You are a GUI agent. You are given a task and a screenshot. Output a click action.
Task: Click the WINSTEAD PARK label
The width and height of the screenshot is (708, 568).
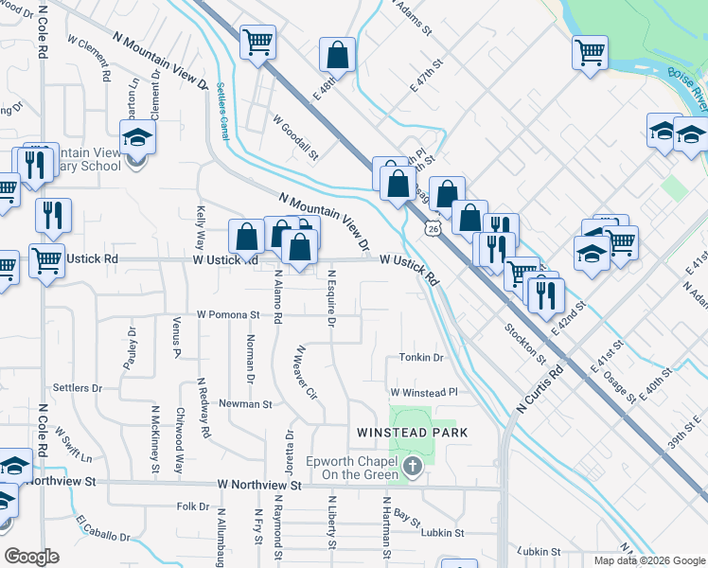coord(413,433)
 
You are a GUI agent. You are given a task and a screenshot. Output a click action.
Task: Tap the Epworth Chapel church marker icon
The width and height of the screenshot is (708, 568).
coord(413,466)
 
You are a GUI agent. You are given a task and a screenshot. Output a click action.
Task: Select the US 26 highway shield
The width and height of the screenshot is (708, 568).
coord(432,228)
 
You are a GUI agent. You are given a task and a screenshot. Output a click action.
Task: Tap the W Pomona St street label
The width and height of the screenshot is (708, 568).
coord(228,314)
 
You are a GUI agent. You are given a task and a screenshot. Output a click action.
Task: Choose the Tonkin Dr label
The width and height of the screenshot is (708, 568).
coord(421,358)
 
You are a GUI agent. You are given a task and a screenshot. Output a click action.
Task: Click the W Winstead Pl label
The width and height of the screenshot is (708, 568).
coord(423,391)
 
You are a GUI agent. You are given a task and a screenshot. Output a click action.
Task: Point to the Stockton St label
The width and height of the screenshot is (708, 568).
coord(526,342)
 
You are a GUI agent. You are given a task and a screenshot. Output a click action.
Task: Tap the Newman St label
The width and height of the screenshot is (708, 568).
coord(245,403)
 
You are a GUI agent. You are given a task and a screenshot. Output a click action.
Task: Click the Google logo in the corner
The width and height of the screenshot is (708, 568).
coord(31,557)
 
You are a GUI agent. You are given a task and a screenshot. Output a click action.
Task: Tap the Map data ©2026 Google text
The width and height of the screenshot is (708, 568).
coord(648,560)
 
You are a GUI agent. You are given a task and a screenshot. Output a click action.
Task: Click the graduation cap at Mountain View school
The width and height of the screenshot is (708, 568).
coord(138,137)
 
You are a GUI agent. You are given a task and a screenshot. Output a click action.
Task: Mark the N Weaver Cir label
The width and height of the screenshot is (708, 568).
coord(305,372)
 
